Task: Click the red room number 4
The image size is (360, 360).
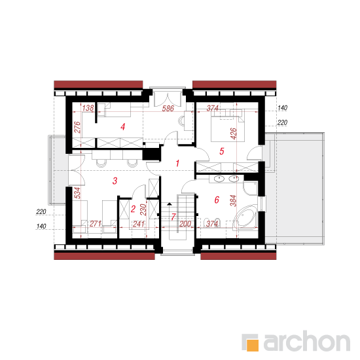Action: tap(123, 127)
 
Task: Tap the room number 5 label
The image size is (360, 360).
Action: tap(221, 151)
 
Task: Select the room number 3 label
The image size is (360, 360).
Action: tap(115, 181)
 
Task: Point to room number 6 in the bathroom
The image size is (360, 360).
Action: tap(217, 200)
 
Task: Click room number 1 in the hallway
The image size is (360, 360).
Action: tap(177, 164)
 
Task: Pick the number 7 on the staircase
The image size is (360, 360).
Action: tap(173, 217)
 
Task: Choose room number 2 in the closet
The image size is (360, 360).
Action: tap(133, 209)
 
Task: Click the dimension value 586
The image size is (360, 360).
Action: tap(168, 109)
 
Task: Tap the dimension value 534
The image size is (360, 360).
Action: tap(78, 193)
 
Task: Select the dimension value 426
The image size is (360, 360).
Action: tap(233, 134)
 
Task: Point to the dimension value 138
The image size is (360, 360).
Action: tap(88, 108)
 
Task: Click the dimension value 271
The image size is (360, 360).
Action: tap(96, 224)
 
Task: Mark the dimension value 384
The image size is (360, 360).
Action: tap(233, 201)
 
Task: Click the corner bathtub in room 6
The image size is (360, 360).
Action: tap(245, 217)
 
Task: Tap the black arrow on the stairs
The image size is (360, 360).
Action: tap(170, 204)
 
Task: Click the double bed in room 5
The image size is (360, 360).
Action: tap(228, 126)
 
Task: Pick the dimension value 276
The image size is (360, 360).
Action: tap(78, 127)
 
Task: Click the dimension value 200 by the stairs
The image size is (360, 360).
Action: tap(185, 224)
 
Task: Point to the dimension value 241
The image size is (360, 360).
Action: tap(139, 224)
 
